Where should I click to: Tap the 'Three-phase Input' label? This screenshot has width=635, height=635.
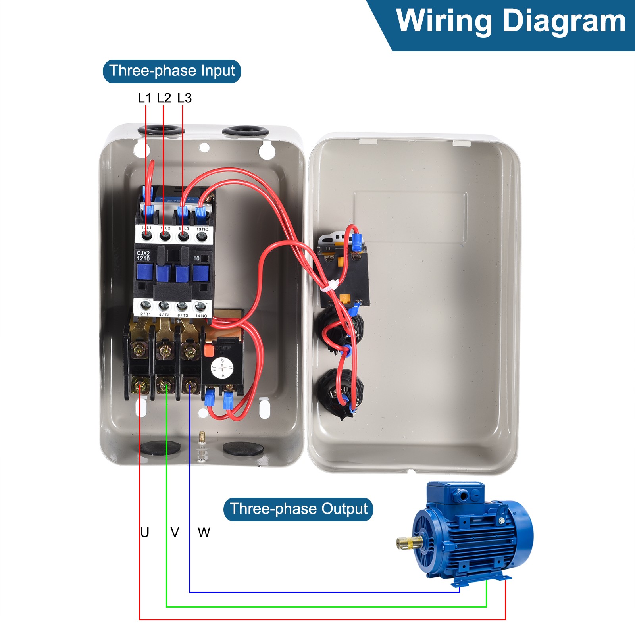click(x=172, y=71)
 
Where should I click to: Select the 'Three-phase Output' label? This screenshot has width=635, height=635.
click(x=298, y=509)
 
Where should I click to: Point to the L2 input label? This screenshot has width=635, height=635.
click(x=164, y=98)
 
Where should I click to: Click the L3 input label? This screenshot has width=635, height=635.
click(x=185, y=98)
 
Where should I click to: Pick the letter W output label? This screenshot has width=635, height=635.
click(x=204, y=533)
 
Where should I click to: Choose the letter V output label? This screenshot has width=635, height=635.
click(x=175, y=533)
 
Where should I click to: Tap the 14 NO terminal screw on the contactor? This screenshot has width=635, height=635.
click(x=200, y=306)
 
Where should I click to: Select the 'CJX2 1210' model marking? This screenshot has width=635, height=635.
click(x=143, y=256)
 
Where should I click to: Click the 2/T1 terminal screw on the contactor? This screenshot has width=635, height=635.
click(x=146, y=306)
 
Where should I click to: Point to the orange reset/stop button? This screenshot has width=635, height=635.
click(x=207, y=350)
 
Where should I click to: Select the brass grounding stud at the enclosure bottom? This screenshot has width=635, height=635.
click(x=202, y=438)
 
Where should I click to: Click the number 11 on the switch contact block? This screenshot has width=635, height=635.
click(x=328, y=249)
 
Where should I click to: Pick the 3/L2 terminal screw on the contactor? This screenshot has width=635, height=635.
click(x=165, y=237)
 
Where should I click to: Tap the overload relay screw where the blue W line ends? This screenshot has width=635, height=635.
click(x=190, y=385)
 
